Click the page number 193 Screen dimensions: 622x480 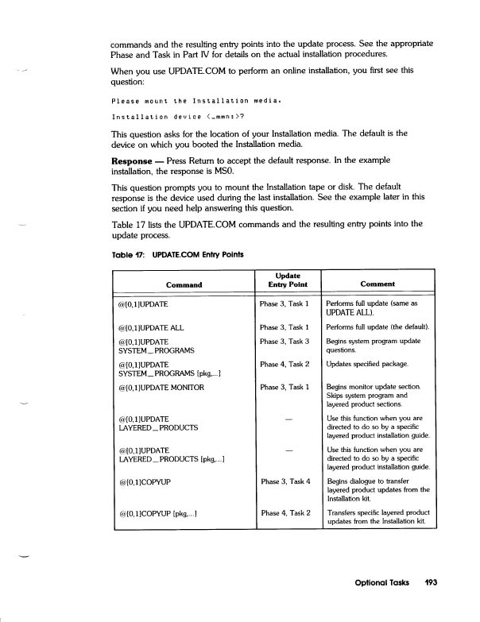[430, 582]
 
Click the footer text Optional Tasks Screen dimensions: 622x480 [381, 582]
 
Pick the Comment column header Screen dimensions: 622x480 [377, 284]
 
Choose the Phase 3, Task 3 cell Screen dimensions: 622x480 [284, 342]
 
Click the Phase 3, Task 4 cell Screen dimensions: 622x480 [284, 481]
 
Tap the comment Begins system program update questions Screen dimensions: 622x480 [374, 346]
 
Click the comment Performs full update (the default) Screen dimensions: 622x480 [378, 326]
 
